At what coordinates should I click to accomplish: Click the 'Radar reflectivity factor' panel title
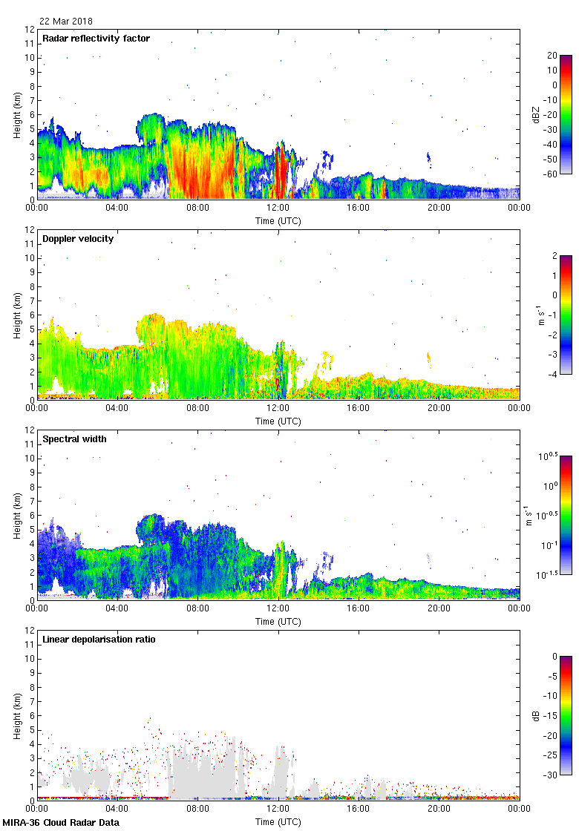pos(96,39)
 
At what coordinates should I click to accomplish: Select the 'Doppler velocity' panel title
pos(74,239)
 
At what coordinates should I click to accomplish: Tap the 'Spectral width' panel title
pos(74,439)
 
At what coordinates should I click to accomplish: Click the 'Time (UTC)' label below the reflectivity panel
pos(278,220)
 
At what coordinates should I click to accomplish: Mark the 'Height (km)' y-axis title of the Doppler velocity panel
pos(17,315)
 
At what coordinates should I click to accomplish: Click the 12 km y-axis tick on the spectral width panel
pos(30,430)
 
